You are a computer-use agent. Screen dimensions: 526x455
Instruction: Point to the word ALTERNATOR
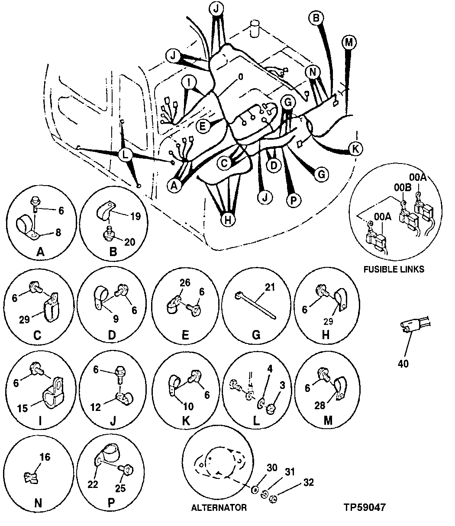[219, 507]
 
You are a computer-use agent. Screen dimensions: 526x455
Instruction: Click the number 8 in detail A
[58, 233]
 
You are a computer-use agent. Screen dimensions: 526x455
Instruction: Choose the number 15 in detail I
[22, 408]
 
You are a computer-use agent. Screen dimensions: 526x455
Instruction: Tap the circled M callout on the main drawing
[348, 42]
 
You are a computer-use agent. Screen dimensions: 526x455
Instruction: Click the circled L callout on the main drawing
[125, 154]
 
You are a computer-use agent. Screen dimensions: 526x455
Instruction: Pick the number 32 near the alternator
[309, 483]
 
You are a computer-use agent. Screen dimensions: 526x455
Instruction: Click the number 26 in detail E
[185, 284]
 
